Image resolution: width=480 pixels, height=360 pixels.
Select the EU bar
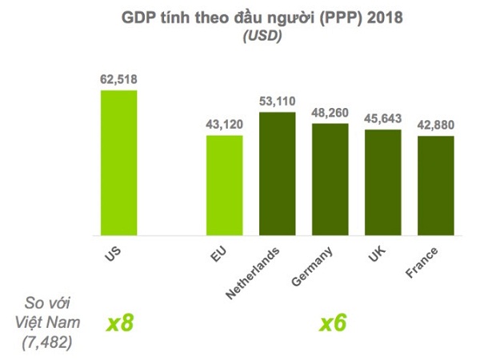click(x=225, y=185)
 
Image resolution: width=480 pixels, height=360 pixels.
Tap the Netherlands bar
click(x=277, y=174)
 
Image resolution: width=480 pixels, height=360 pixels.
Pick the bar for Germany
click(x=330, y=179)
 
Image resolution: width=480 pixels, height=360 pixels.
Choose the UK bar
click(x=382, y=182)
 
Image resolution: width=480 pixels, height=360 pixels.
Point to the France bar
click(x=435, y=186)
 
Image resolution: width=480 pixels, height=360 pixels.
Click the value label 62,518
click(x=118, y=79)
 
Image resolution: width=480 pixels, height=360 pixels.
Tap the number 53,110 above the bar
click(x=277, y=101)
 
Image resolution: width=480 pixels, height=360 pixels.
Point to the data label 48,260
click(x=330, y=112)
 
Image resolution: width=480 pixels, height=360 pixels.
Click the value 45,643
click(x=382, y=118)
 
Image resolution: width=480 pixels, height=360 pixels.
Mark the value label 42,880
click(x=435, y=125)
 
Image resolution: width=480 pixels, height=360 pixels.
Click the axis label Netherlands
click(x=255, y=273)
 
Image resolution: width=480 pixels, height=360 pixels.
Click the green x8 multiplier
click(x=120, y=324)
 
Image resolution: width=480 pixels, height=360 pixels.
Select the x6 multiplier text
click(x=333, y=324)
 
